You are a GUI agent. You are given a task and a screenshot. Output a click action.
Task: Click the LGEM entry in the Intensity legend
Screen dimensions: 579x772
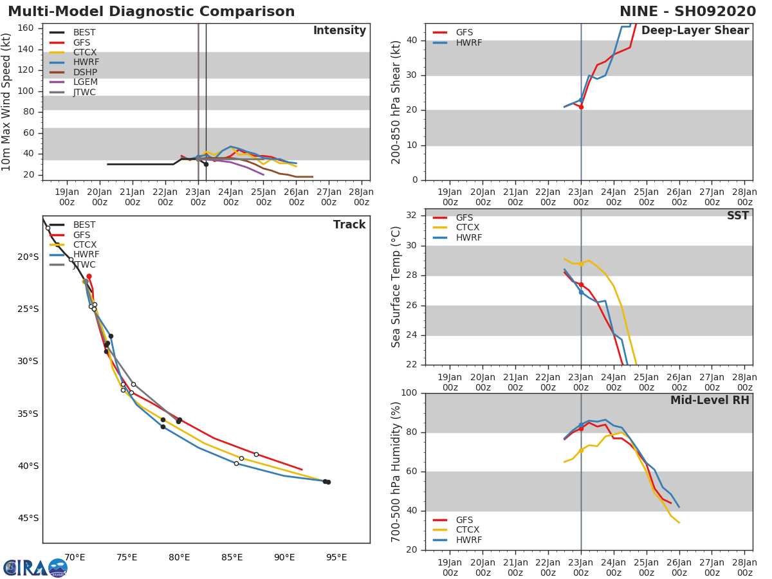click(x=85, y=82)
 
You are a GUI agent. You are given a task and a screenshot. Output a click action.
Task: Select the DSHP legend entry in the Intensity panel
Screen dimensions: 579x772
click(x=85, y=72)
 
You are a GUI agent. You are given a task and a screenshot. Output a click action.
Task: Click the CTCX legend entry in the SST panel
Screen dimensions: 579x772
click(x=468, y=228)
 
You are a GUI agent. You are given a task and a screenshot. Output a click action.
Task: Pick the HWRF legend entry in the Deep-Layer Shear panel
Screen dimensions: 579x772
click(x=468, y=43)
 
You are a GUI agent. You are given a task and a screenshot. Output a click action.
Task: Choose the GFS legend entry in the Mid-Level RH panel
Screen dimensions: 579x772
click(x=464, y=520)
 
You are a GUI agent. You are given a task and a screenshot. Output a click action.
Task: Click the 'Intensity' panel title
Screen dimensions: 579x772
click(x=339, y=31)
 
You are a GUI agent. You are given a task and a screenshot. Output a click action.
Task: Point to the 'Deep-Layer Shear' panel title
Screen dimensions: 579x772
click(x=695, y=31)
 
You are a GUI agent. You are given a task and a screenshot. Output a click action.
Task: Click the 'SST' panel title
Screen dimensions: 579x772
click(x=737, y=216)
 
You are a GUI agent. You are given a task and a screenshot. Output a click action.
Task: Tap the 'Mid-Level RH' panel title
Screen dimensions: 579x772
click(x=710, y=401)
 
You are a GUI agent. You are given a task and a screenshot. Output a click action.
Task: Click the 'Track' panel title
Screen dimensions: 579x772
click(x=349, y=225)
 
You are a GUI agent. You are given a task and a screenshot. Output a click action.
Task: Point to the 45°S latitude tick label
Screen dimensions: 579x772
click(x=28, y=519)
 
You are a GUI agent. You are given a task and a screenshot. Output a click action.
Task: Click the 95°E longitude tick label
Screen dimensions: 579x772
click(x=336, y=557)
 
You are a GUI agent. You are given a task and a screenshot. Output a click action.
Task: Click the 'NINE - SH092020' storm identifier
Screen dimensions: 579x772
click(x=688, y=12)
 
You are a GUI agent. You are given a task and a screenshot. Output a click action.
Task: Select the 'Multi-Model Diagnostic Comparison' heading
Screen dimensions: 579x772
click(x=151, y=12)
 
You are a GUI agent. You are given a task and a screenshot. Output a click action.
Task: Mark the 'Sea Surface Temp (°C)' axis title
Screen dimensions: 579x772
click(x=396, y=287)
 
